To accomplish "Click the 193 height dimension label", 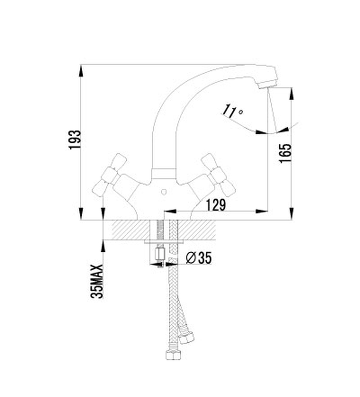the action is point(75,140).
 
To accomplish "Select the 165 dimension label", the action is point(285,153).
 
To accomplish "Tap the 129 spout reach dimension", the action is point(216,205).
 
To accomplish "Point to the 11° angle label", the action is point(232,111).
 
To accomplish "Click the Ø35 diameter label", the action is point(198,258).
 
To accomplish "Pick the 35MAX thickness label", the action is point(97,281).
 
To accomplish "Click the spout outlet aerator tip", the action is point(268,84).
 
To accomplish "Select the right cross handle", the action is point(219,175).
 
